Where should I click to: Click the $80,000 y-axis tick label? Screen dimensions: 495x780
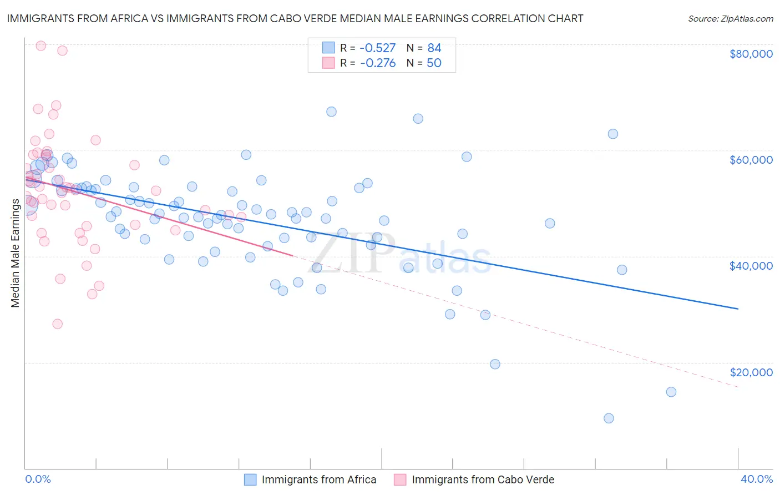(x=751, y=54)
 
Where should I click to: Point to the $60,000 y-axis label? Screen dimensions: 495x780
(x=751, y=160)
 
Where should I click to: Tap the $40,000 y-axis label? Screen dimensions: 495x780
(x=751, y=266)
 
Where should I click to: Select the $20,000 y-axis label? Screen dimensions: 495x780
(x=751, y=372)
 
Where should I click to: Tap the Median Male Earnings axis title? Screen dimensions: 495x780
(x=16, y=252)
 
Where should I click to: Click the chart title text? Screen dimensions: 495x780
(x=295, y=18)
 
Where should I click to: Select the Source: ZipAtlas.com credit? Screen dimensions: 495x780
(x=730, y=18)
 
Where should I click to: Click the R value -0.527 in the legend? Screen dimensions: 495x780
(x=378, y=48)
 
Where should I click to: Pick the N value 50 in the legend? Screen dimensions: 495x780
(x=434, y=63)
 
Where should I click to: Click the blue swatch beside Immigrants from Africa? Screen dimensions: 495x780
(x=250, y=479)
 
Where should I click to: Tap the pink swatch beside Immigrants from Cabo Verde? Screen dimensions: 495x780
(x=400, y=479)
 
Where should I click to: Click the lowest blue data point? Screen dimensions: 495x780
(x=609, y=418)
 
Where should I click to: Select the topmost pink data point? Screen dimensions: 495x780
(x=40, y=46)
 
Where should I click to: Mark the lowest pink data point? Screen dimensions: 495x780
(x=57, y=324)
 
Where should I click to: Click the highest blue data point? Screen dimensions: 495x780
(x=331, y=112)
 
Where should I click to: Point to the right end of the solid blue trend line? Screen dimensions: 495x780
(x=738, y=309)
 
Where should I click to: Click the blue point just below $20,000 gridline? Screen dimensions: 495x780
(x=495, y=365)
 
